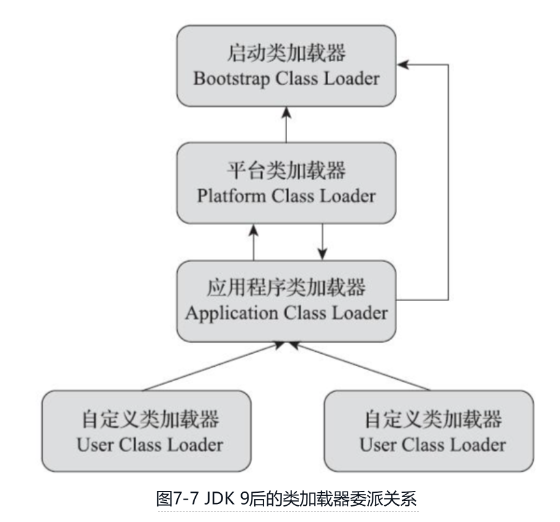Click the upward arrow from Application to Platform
pyautogui.click(x=254, y=243)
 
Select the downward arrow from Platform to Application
pyautogui.click(x=322, y=241)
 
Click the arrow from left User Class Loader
pyautogui.click(x=211, y=367)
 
